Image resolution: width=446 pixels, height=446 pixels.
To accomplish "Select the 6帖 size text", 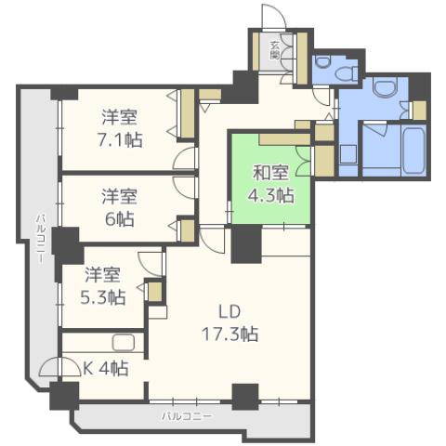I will coord(119,219).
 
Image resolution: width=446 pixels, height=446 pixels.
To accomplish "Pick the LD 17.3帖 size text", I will coord(231,334).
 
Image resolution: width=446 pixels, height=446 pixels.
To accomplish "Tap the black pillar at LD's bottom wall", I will coord(244,397).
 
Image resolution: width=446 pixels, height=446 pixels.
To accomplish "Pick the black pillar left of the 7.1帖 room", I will coord(64,92).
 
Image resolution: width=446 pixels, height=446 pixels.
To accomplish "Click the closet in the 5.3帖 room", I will coord(155,292).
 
